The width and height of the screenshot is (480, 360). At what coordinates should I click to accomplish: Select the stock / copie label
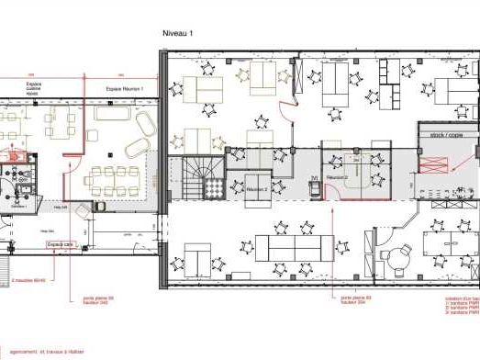(x=447, y=135)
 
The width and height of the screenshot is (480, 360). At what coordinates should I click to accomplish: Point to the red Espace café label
(x=61, y=243)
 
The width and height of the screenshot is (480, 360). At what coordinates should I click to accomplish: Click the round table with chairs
(x=401, y=259)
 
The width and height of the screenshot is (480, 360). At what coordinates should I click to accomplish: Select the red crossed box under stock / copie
(x=433, y=163)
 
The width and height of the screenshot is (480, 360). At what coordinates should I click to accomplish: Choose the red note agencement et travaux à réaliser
(x=46, y=352)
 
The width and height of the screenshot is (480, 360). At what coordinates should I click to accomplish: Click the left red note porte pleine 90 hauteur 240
(x=98, y=301)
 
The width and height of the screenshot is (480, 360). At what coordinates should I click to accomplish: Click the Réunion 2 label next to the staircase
(x=256, y=189)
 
